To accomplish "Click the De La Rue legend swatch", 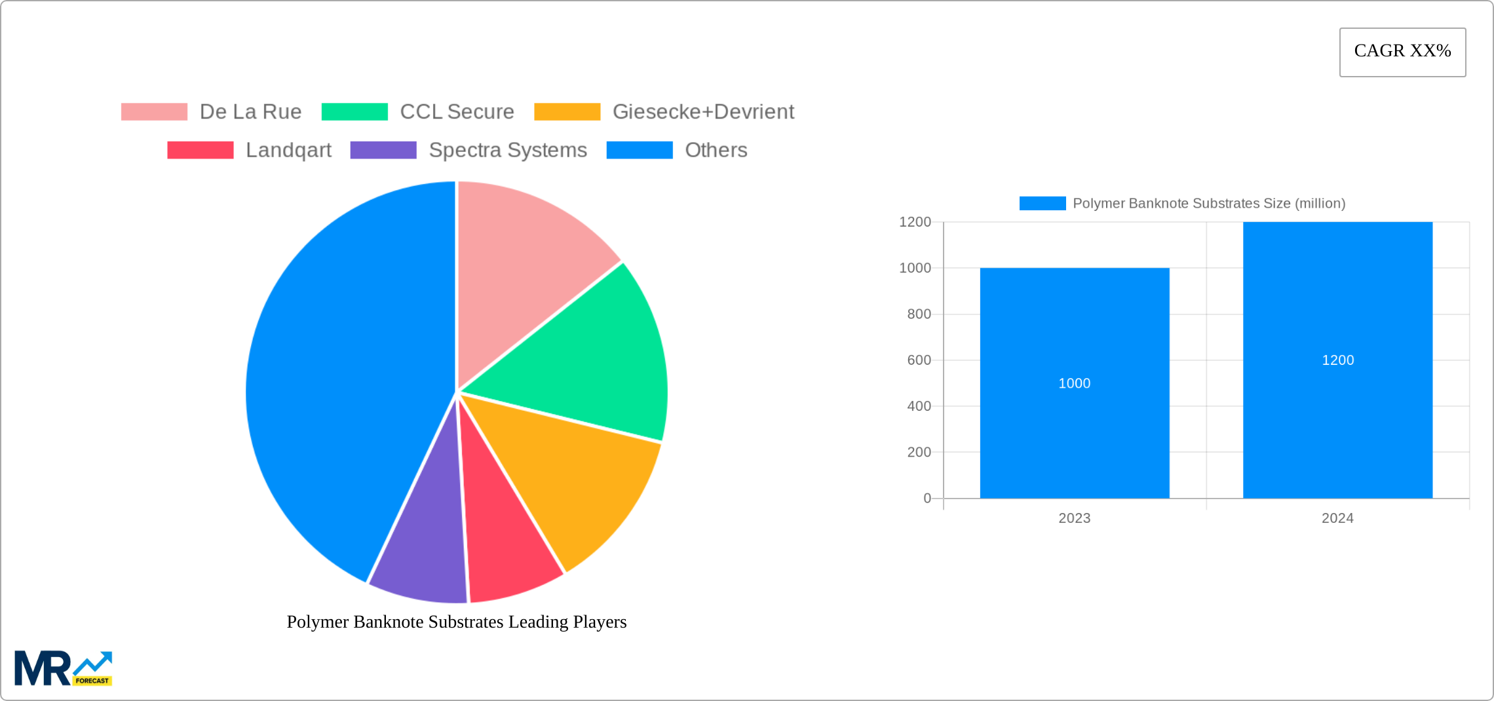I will [x=154, y=112].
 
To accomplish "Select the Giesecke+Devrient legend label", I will [x=703, y=112].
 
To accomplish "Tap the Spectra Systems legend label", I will [x=508, y=150].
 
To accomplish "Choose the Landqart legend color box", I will [x=200, y=150].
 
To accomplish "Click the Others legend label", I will [x=716, y=150].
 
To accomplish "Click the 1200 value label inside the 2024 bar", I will [x=1337, y=360].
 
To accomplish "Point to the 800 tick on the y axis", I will [x=919, y=314].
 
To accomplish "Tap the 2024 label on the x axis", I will [x=1337, y=518].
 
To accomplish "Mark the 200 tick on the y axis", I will [x=919, y=452].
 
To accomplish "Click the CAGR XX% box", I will [x=1402, y=52].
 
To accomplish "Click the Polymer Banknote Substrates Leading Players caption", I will [x=457, y=622].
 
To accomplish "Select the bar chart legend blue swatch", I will [x=1043, y=204].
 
